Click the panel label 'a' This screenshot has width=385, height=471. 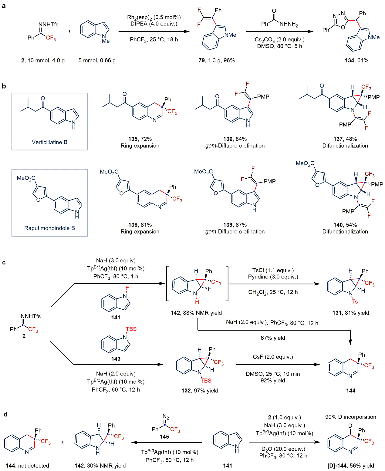pyautogui.click(x=4, y=6)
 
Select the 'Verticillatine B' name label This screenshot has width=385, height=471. pyautogui.click(x=49, y=142)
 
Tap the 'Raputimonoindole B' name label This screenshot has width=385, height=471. pyautogui.click(x=49, y=228)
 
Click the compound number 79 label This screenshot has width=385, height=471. pyautogui.click(x=201, y=60)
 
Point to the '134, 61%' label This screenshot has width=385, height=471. pyautogui.click(x=356, y=60)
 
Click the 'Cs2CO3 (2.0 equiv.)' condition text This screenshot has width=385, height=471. pyautogui.click(x=279, y=39)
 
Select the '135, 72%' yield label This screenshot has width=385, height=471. pyautogui.click(x=140, y=139)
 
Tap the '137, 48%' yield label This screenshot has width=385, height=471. pyautogui.click(x=345, y=139)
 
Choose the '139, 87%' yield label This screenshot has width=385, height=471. pyautogui.click(x=235, y=225)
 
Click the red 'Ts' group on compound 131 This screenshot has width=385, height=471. pyautogui.click(x=354, y=302)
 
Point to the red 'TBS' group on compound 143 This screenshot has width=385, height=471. pyautogui.click(x=131, y=329)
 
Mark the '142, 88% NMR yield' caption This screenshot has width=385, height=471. pyautogui.click(x=196, y=313)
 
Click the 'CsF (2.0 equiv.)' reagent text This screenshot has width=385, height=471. pyautogui.click(x=273, y=357)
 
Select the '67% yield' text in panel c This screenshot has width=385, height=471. pyautogui.click(x=273, y=338)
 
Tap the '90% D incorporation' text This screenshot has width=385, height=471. pyautogui.click(x=350, y=417)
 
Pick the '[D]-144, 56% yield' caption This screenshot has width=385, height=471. pyautogui.click(x=350, y=466)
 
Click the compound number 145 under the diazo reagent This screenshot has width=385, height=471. pyautogui.click(x=164, y=437)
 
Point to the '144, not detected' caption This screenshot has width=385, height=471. pyautogui.click(x=27, y=466)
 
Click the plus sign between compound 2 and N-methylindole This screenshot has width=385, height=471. pyautogui.click(x=69, y=31)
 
